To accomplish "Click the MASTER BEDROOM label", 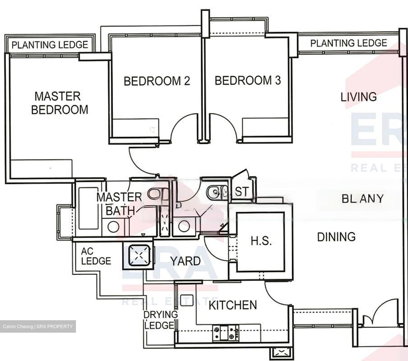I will [x=59, y=103].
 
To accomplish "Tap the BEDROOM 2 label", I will [x=157, y=81].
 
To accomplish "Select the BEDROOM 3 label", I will [x=248, y=80].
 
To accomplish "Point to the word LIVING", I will [x=358, y=97].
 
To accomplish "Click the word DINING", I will [x=336, y=237].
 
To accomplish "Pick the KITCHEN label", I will [x=233, y=305].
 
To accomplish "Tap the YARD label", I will [x=185, y=261].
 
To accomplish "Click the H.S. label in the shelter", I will [x=261, y=241].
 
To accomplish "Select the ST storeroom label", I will [x=242, y=192].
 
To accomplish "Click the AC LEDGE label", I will [x=95, y=256].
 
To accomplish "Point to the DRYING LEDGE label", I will [x=160, y=320].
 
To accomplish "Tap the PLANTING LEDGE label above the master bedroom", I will [x=50, y=45].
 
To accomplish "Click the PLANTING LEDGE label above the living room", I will [x=348, y=43].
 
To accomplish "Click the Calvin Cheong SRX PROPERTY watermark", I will [x=38, y=326].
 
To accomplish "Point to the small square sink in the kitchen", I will [x=186, y=300].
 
